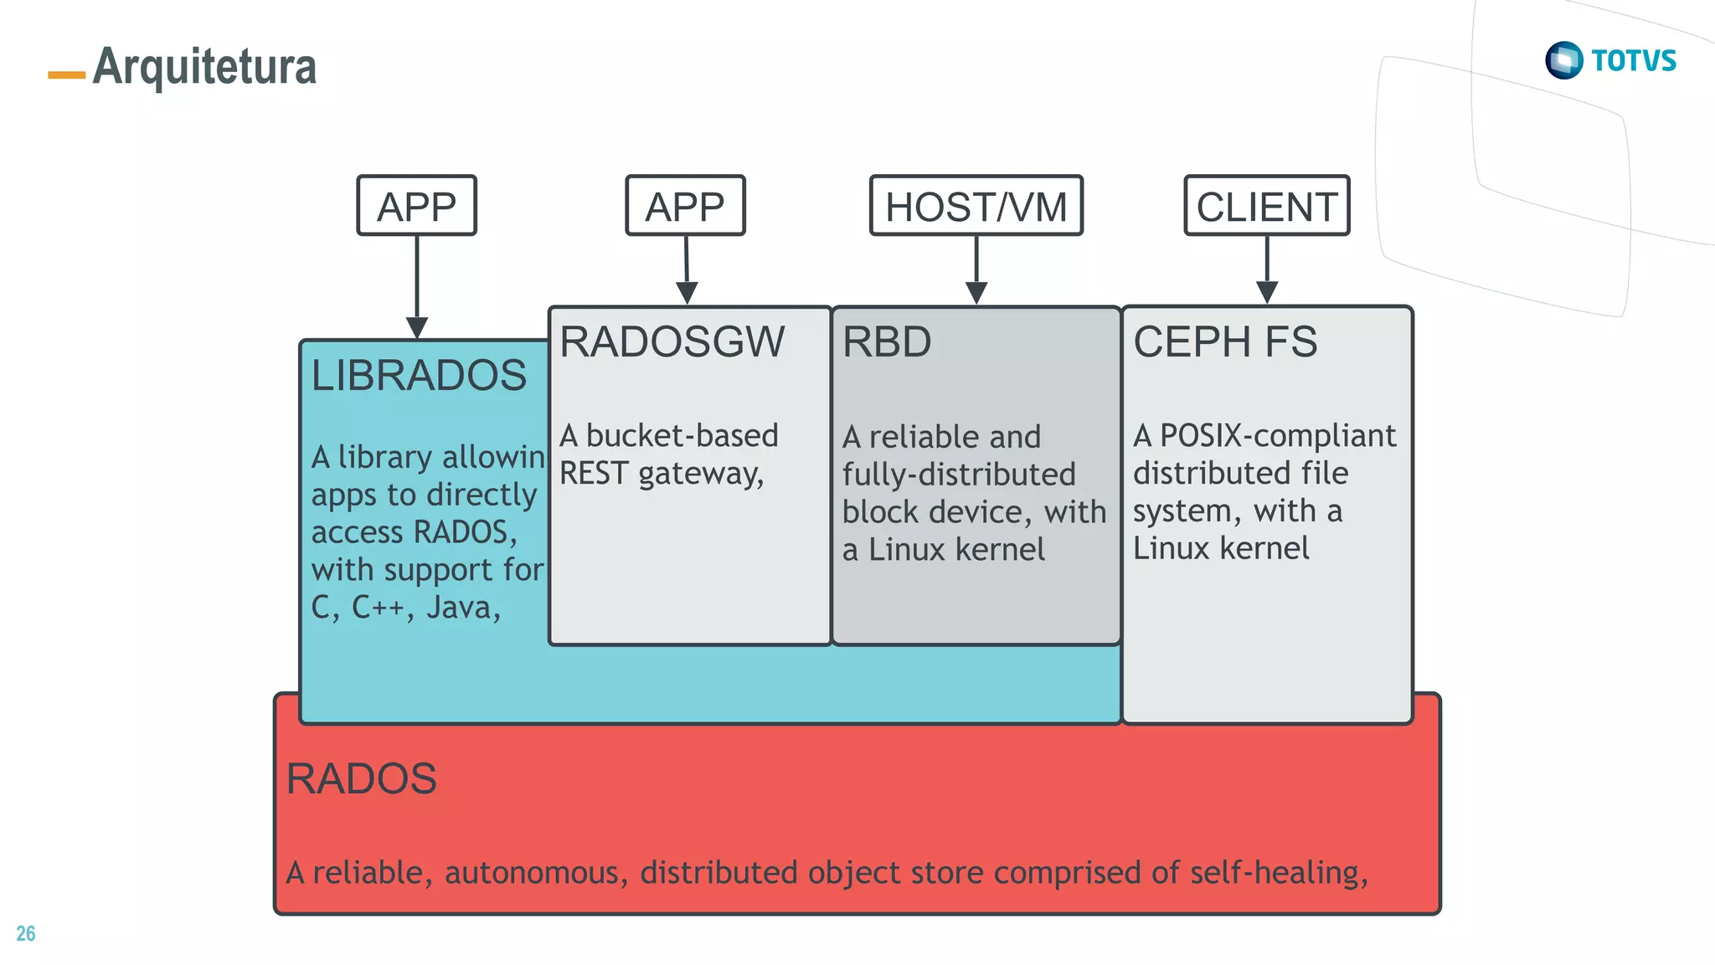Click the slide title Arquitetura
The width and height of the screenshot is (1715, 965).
204,66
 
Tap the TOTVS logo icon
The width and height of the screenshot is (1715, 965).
1563,60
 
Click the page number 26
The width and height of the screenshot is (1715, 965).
26,933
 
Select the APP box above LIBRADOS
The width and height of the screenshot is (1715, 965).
416,206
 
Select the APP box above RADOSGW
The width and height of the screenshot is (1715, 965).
685,206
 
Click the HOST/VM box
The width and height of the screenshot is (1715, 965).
976,206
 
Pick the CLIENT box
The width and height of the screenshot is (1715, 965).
1266,206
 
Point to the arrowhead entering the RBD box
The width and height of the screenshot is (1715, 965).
976,293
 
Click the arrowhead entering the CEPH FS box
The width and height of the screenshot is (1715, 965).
1267,293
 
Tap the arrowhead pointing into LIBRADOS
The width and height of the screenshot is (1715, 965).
417,327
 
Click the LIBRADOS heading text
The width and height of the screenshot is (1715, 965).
419,375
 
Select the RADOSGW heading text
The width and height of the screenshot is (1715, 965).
672,341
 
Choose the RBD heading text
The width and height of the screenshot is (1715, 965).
886,341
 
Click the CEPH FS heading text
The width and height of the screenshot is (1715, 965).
1225,341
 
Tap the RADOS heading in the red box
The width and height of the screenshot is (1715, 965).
361,778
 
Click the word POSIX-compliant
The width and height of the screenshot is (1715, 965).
1278,435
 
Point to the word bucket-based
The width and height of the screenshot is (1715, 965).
682,435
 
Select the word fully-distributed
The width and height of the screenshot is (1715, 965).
958,475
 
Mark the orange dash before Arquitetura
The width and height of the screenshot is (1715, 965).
67,75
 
